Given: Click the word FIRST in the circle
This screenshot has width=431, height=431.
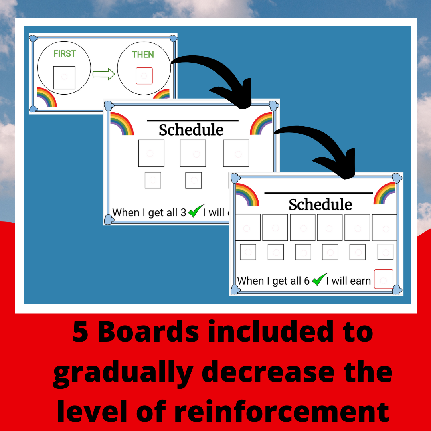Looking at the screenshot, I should coord(64,53).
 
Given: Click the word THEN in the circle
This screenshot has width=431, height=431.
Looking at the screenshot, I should coord(143,55).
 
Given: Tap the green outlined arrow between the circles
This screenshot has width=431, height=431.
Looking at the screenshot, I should coord(104,74).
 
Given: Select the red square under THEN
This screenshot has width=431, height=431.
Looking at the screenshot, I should coord(144,76).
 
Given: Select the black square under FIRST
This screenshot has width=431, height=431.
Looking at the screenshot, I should coord(64,77).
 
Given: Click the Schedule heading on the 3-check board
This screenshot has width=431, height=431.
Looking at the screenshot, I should coord(191,130).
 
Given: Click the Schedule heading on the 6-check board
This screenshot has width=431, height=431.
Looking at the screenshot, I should coord(320,204).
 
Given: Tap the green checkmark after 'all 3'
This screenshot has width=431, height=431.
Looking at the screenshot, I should coord(194,211).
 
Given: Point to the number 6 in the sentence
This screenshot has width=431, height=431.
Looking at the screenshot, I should coord(307,281).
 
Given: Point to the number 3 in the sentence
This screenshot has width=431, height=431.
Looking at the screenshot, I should coord(183,213).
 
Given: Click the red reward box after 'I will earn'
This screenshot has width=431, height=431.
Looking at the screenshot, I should coord(384,279).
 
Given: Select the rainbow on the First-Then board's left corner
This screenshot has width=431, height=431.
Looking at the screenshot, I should coord(46,97).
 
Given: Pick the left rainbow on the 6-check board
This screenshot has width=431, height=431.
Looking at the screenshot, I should coord(247,194).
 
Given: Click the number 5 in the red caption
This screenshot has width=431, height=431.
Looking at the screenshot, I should coord(81,332).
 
